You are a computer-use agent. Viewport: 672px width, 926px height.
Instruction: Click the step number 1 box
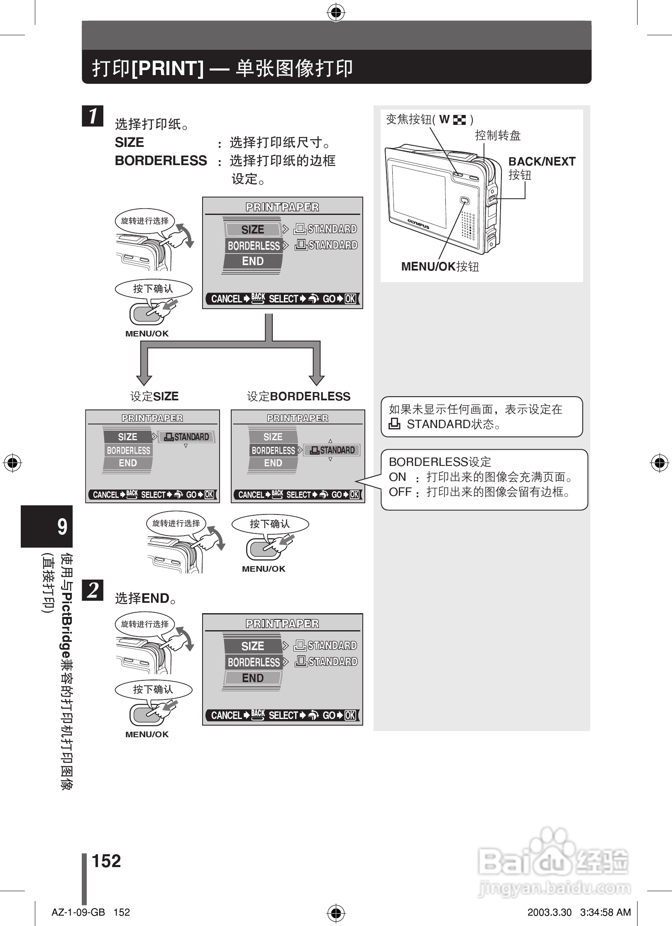(93, 116)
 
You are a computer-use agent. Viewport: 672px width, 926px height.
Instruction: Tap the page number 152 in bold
(106, 861)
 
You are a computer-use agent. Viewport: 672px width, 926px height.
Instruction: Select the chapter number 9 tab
(47, 526)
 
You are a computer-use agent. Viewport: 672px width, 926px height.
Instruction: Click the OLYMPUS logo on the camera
(418, 224)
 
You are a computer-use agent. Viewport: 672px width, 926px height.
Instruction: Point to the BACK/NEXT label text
(542, 161)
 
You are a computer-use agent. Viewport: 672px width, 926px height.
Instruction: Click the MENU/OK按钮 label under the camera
(440, 266)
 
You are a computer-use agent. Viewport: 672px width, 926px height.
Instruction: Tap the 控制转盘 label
(498, 136)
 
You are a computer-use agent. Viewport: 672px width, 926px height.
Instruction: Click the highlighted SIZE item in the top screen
(252, 229)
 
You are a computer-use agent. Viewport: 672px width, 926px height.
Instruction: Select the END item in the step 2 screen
(252, 678)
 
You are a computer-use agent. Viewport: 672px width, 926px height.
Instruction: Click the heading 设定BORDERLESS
(298, 396)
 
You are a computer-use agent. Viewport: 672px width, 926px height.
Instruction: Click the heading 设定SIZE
(154, 396)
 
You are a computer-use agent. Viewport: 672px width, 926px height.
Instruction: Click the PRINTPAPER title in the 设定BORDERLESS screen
(298, 418)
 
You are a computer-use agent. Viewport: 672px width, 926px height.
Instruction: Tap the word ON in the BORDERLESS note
(397, 477)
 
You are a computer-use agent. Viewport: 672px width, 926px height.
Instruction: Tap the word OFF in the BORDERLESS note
(400, 492)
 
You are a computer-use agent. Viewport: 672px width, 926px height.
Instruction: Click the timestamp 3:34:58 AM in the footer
(605, 913)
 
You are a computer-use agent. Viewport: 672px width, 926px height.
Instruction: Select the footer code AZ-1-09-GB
(78, 913)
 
